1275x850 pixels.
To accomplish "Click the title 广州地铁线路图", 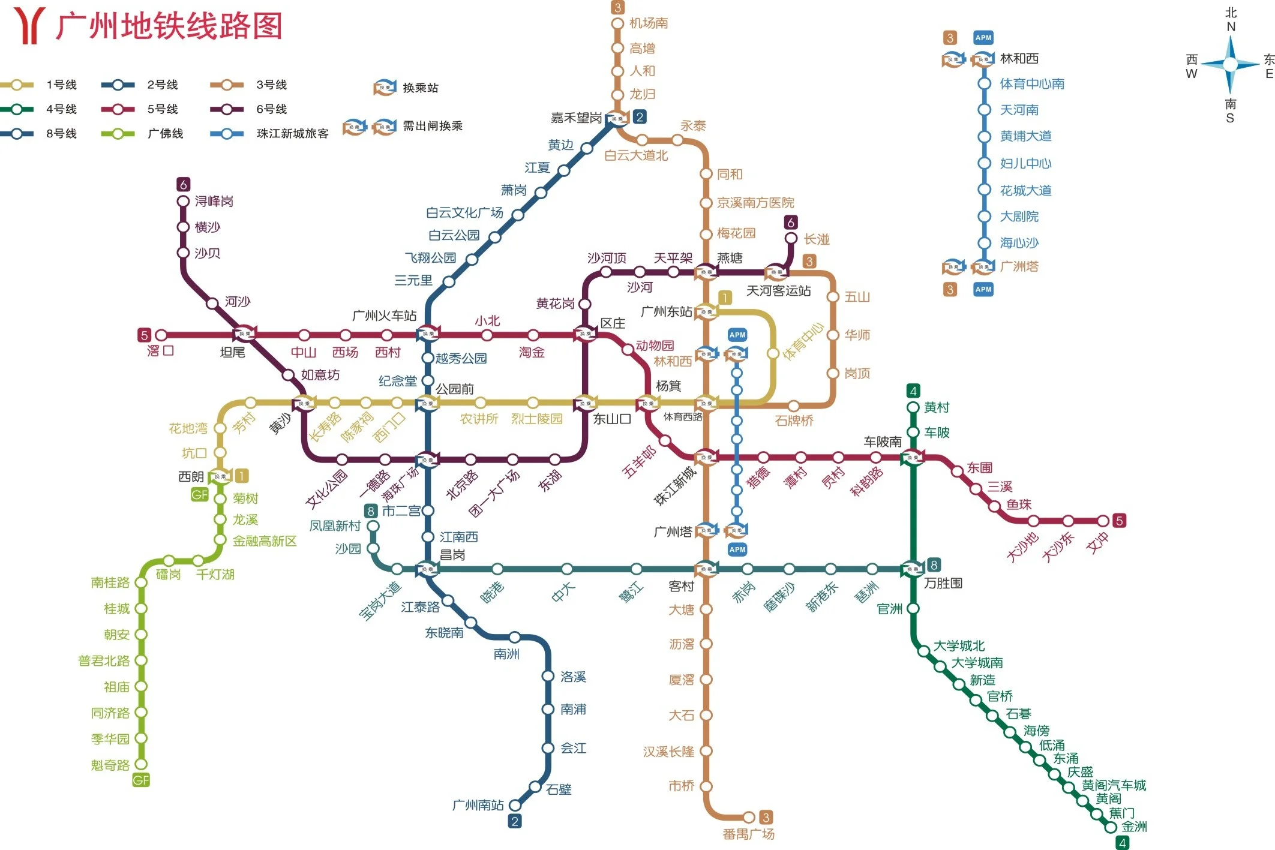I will [169, 26].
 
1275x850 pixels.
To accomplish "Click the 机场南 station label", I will [649, 23].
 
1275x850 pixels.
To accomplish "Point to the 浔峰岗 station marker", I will [183, 202].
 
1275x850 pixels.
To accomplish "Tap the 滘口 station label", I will [160, 351].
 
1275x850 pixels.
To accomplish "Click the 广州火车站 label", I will [384, 316].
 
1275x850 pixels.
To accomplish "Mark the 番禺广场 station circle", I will [749, 817].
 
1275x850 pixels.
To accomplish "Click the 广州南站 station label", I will [478, 805].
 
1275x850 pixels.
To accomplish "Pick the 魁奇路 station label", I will [110, 765].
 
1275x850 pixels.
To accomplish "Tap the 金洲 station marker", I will [1111, 827].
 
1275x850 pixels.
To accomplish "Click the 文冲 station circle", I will [1103, 521].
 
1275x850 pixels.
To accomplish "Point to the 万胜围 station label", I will [943, 583].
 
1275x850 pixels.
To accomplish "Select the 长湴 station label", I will [817, 239].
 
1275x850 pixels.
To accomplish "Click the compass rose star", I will [1230, 64].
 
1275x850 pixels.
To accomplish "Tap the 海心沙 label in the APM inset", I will [1019, 243].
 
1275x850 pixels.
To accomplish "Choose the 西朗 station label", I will [191, 477].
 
